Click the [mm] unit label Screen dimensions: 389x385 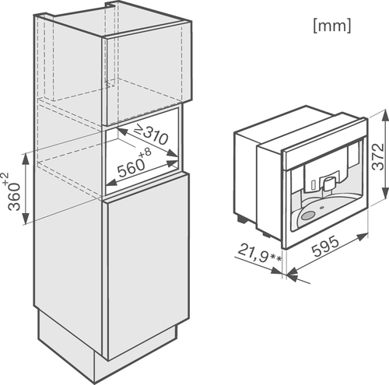click(332, 26)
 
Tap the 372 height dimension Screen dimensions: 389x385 click(377, 156)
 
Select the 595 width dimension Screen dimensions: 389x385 click(325, 246)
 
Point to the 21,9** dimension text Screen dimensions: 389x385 click(259, 254)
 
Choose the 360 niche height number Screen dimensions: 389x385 click(14, 196)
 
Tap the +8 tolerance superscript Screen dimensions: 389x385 click(145, 154)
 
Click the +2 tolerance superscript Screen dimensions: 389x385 click(5, 180)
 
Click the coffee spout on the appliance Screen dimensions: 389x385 click(328, 184)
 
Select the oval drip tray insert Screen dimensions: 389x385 click(308, 215)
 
